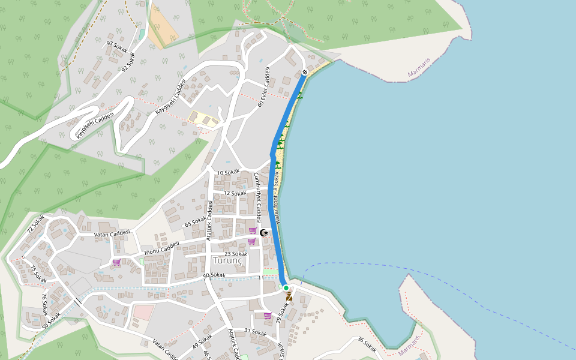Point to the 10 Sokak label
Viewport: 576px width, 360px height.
pyautogui.click(x=228, y=172)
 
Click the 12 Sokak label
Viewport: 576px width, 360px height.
pyautogui.click(x=235, y=193)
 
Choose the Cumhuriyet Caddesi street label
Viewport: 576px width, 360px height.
pyautogui.click(x=257, y=198)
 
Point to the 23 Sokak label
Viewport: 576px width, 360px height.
pyautogui.click(x=236, y=254)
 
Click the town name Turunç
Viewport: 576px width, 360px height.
pyautogui.click(x=228, y=260)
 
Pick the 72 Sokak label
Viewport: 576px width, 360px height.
pyautogui.click(x=35, y=223)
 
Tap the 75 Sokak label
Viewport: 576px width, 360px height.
pyautogui.click(x=38, y=274)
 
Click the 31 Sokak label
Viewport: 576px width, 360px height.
pyautogui.click(x=255, y=331)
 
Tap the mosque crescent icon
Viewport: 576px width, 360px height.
pyautogui.click(x=263, y=232)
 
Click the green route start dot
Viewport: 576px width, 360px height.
pyautogui.click(x=286, y=288)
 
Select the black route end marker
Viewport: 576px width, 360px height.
pyautogui.click(x=305, y=73)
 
